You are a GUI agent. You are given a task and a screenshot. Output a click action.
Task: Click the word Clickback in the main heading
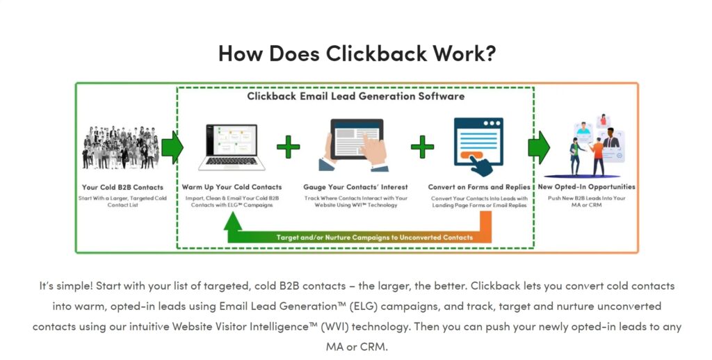(376, 53)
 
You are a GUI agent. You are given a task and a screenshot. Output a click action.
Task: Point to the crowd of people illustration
(121, 147)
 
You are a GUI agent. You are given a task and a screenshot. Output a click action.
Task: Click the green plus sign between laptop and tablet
(289, 147)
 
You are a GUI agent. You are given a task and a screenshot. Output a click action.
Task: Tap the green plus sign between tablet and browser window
(422, 147)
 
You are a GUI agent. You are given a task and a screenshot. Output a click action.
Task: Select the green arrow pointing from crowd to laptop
(172, 147)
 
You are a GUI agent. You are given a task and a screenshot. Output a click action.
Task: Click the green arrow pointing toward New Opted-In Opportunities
(539, 147)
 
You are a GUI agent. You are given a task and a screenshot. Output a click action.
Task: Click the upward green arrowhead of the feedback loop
(233, 221)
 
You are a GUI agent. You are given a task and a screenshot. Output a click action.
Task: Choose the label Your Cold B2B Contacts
(122, 187)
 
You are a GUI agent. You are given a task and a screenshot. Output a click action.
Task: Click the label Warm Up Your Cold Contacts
(232, 187)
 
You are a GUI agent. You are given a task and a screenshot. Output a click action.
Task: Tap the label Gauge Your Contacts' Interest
(355, 187)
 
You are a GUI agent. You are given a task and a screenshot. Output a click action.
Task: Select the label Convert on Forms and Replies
(479, 187)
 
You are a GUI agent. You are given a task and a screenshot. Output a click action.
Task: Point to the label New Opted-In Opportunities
(587, 187)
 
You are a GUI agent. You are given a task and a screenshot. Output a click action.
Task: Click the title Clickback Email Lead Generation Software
(355, 96)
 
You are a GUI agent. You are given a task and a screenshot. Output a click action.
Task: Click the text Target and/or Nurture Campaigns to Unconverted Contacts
(375, 238)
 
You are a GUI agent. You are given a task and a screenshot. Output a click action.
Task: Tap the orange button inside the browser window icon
(471, 156)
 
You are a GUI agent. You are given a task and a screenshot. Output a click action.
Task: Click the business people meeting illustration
(590, 146)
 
